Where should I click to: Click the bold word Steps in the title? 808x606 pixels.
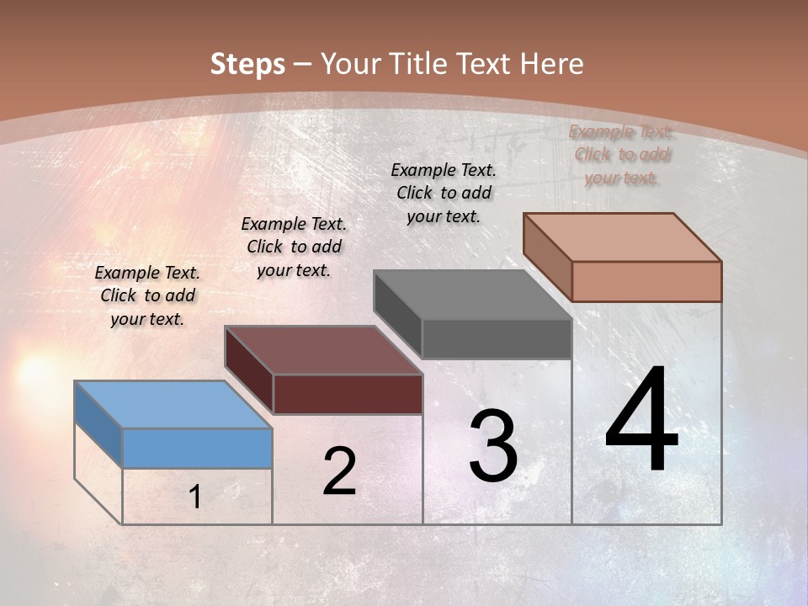(x=247, y=64)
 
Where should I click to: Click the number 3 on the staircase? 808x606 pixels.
(x=493, y=446)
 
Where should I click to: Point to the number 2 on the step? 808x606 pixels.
(x=339, y=471)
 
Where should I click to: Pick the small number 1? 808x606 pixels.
(x=195, y=497)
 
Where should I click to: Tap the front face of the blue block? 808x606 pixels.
(x=197, y=448)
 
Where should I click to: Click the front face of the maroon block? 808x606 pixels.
(x=348, y=394)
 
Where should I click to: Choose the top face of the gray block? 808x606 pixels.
(x=472, y=295)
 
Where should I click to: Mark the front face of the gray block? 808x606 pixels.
(x=497, y=339)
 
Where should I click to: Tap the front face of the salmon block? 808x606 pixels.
(x=646, y=281)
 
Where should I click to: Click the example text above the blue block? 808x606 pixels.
(x=147, y=295)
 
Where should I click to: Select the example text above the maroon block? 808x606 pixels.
(x=294, y=247)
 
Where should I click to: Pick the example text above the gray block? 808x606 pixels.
(x=444, y=193)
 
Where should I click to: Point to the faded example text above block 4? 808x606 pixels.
(x=621, y=154)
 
